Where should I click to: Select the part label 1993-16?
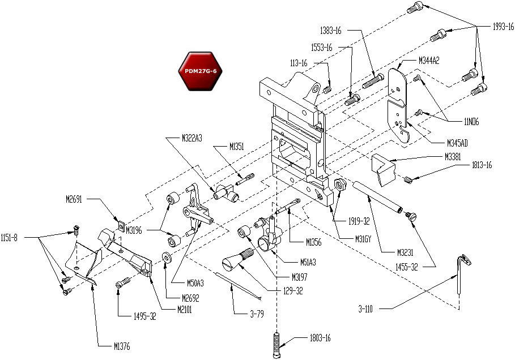[x=502, y=26]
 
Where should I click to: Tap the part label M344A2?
[x=429, y=60]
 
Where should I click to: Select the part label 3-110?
[x=368, y=308]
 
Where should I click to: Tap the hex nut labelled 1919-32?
[x=341, y=185]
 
